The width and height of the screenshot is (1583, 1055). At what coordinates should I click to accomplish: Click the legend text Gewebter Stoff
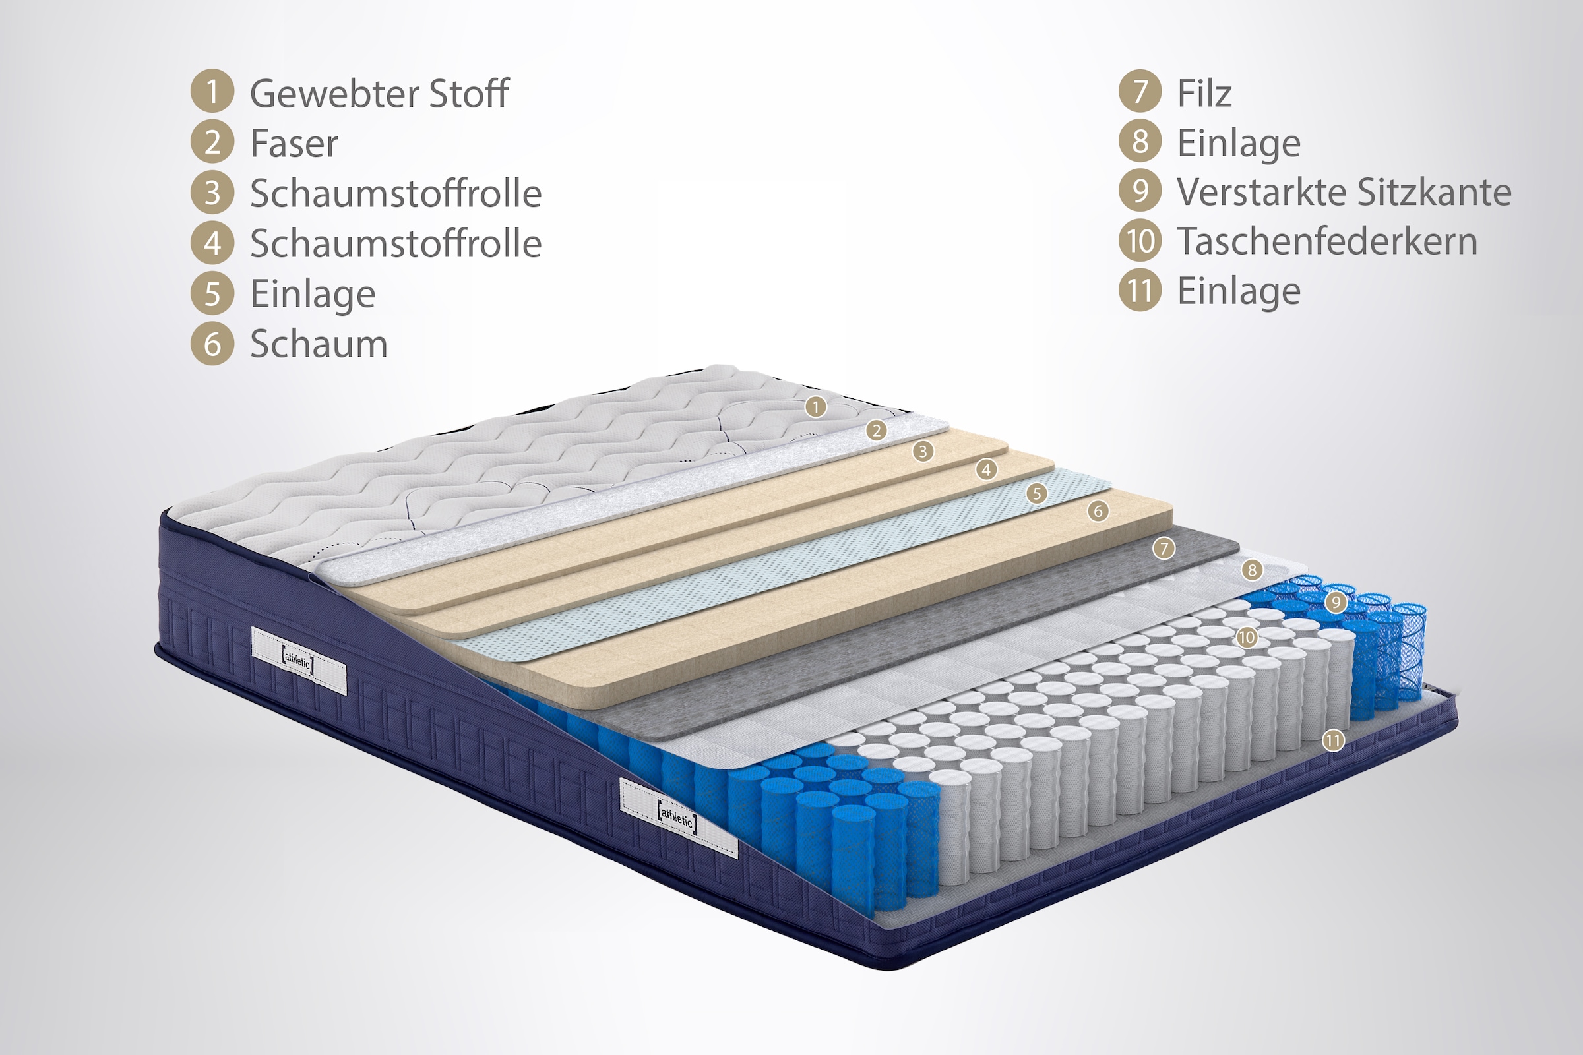click(x=379, y=94)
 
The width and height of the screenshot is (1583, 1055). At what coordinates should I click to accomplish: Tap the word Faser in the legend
click(x=294, y=143)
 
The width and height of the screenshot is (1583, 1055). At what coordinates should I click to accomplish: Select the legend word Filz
click(x=1204, y=93)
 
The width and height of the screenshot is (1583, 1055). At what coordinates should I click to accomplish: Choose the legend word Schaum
click(x=319, y=344)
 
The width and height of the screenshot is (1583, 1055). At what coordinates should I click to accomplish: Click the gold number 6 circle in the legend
click(x=212, y=344)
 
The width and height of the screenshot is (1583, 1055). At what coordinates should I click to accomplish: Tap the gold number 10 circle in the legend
click(x=1140, y=241)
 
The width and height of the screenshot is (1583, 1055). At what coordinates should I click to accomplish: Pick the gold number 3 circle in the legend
click(x=212, y=193)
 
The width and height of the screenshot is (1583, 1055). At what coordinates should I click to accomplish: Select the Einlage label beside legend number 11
click(x=1239, y=291)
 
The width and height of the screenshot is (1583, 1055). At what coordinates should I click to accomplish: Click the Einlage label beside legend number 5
click(x=313, y=294)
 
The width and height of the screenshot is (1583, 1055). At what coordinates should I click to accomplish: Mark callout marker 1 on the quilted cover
click(x=816, y=406)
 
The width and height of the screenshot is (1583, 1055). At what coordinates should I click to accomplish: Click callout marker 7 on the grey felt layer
click(x=1164, y=549)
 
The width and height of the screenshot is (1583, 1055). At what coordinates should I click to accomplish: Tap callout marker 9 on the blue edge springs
click(x=1336, y=602)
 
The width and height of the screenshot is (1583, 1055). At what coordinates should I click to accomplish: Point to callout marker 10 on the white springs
click(x=1247, y=637)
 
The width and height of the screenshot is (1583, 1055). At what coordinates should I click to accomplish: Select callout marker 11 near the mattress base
click(x=1333, y=740)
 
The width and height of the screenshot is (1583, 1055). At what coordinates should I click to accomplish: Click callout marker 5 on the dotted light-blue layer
click(x=1036, y=494)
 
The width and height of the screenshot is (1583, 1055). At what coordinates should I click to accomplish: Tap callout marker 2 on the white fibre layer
click(x=876, y=431)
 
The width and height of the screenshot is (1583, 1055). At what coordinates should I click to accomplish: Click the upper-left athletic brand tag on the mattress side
click(x=299, y=661)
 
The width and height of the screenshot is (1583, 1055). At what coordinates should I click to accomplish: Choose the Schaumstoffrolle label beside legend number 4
click(x=396, y=243)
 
